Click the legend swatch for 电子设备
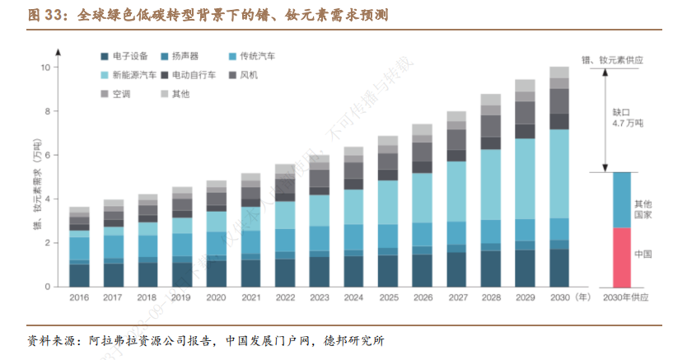coord(105,56)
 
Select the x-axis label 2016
coord(79,297)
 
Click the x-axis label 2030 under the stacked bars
coord(558,297)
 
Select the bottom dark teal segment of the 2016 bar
coord(79,275)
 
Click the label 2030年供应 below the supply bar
coord(622,297)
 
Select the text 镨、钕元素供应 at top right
coord(611,60)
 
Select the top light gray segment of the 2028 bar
coord(491,99)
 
